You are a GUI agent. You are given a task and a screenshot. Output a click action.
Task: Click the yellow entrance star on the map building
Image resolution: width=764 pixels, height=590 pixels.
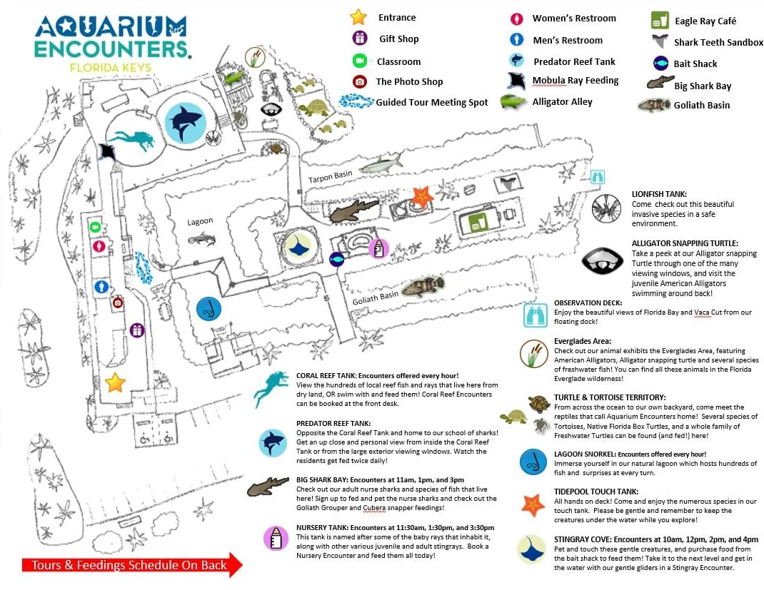(x=116, y=382)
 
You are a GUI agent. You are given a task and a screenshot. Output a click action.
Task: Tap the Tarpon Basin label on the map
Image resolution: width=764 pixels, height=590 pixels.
(x=330, y=177)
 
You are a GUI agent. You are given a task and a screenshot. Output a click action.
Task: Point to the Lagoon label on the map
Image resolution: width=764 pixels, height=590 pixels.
(x=200, y=221)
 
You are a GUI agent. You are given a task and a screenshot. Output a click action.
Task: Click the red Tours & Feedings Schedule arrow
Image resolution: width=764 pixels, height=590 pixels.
(x=132, y=565)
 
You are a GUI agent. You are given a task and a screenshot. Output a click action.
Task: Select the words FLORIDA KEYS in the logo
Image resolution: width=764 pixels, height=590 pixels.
(x=111, y=67)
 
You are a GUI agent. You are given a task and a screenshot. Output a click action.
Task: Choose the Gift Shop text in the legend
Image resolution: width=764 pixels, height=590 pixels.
(x=398, y=39)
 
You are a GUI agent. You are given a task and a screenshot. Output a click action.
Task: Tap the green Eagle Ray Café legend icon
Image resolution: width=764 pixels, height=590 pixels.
(x=660, y=21)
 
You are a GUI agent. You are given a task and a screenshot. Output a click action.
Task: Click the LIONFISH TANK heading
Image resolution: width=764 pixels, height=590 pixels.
(x=659, y=194)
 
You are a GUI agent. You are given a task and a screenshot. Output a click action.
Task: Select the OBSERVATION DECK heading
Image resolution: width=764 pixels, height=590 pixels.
(x=588, y=302)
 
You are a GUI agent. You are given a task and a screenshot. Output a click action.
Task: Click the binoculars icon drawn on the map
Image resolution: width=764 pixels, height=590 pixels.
(x=598, y=177)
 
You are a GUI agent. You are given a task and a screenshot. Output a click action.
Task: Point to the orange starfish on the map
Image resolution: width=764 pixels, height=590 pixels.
(x=422, y=196)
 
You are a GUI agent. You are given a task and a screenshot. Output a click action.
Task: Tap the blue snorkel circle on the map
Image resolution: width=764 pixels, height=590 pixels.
(x=208, y=309)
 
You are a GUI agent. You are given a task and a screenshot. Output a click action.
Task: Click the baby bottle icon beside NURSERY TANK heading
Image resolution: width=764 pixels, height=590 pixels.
(x=276, y=539)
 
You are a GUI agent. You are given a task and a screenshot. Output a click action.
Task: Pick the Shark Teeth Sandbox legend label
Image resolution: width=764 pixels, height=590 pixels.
(x=718, y=42)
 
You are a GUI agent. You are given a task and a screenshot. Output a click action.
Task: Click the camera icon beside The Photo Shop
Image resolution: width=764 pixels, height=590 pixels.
(x=360, y=81)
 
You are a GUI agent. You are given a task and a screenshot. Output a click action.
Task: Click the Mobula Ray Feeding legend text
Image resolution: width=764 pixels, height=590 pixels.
(x=575, y=81)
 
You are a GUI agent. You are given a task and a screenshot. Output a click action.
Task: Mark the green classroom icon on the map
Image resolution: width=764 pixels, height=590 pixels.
(x=95, y=228)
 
